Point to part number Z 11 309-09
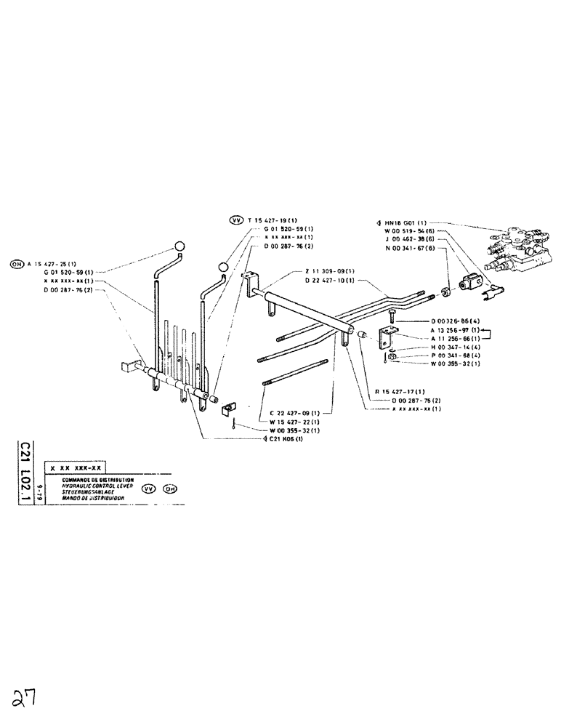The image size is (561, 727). click(330, 271)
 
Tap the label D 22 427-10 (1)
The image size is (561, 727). click(330, 280)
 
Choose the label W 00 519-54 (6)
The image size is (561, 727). click(410, 231)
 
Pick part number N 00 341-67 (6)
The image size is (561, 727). click(410, 248)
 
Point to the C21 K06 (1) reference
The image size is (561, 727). click(283, 439)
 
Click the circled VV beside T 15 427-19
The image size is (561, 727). click(235, 220)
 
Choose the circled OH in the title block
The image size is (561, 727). click(170, 489)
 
